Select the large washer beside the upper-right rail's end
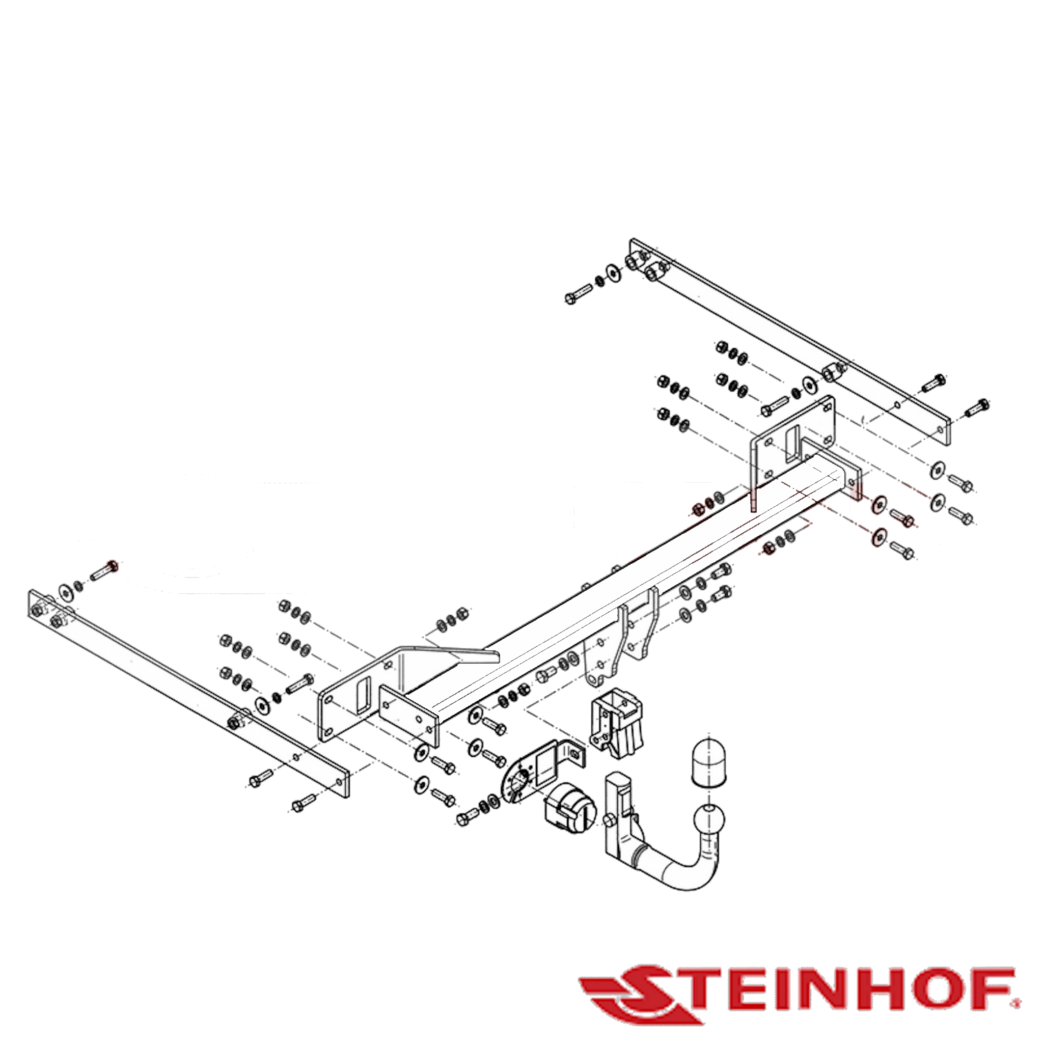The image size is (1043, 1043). pos(613,273)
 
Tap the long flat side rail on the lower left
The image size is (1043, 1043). pos(189,694)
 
